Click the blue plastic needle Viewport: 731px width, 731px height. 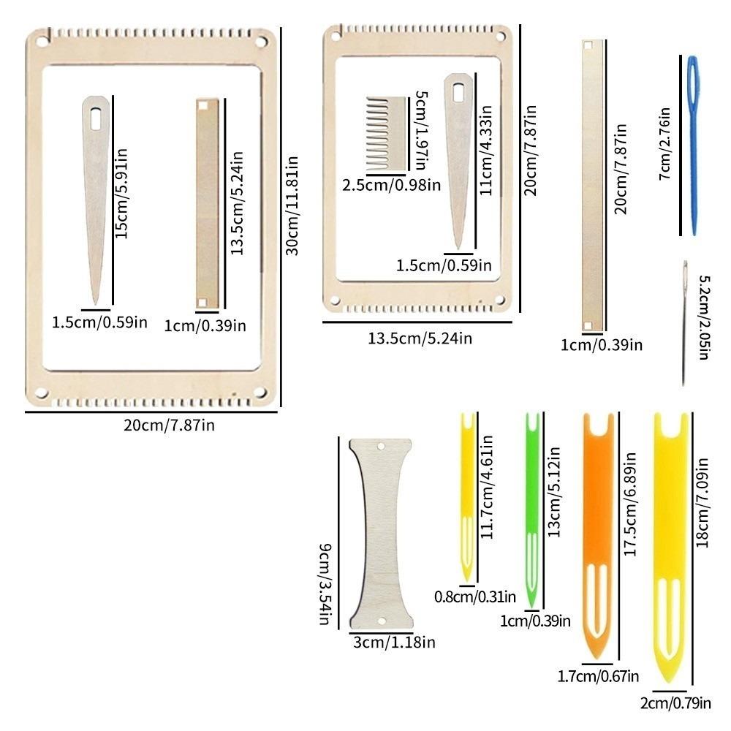[x=693, y=145]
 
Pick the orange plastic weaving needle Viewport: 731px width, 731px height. [x=598, y=536]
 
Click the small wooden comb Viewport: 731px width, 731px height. [x=386, y=134]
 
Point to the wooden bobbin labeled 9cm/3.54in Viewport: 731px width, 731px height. [x=381, y=534]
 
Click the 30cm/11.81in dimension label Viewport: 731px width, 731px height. [x=292, y=205]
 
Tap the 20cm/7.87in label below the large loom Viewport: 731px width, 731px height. [x=170, y=425]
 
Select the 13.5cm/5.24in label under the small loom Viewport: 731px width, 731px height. [x=420, y=338]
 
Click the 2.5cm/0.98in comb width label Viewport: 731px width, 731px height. [x=392, y=185]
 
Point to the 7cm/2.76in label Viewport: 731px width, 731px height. [x=664, y=143]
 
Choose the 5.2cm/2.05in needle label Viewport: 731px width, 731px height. [x=704, y=317]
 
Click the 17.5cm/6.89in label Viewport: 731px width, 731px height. [x=630, y=504]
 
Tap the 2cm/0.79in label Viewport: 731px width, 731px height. [x=675, y=703]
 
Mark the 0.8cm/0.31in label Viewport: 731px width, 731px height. [x=475, y=596]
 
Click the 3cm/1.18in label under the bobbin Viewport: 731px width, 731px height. [x=395, y=643]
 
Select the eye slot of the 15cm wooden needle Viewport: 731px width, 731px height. [x=96, y=118]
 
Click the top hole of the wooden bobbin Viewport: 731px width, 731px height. [x=380, y=447]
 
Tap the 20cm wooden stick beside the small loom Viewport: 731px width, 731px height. [x=592, y=186]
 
